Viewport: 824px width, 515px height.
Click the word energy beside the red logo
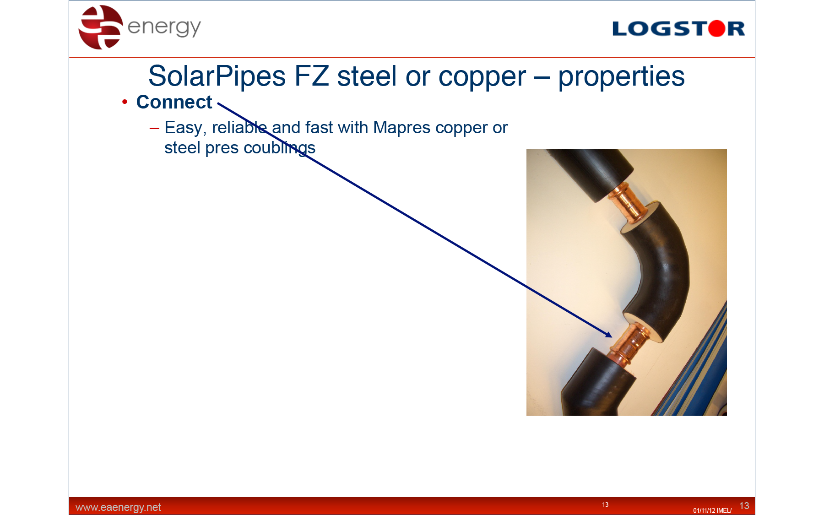coord(164,27)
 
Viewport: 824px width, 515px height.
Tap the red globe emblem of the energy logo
coord(101,27)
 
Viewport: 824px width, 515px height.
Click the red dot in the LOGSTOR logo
coord(716,28)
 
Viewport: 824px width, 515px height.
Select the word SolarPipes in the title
coord(217,76)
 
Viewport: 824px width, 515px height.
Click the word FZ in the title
coord(311,76)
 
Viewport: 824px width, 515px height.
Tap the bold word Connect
coord(174,102)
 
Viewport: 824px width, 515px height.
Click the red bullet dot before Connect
coord(125,102)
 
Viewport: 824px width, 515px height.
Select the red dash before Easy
coord(154,128)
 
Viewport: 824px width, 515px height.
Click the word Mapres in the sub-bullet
coord(401,128)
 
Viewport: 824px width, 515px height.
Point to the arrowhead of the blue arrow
coord(609,335)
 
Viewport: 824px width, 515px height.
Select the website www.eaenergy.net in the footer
coord(118,507)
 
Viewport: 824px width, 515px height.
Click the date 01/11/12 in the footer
coord(704,510)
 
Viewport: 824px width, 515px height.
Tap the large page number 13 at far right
coord(744,506)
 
